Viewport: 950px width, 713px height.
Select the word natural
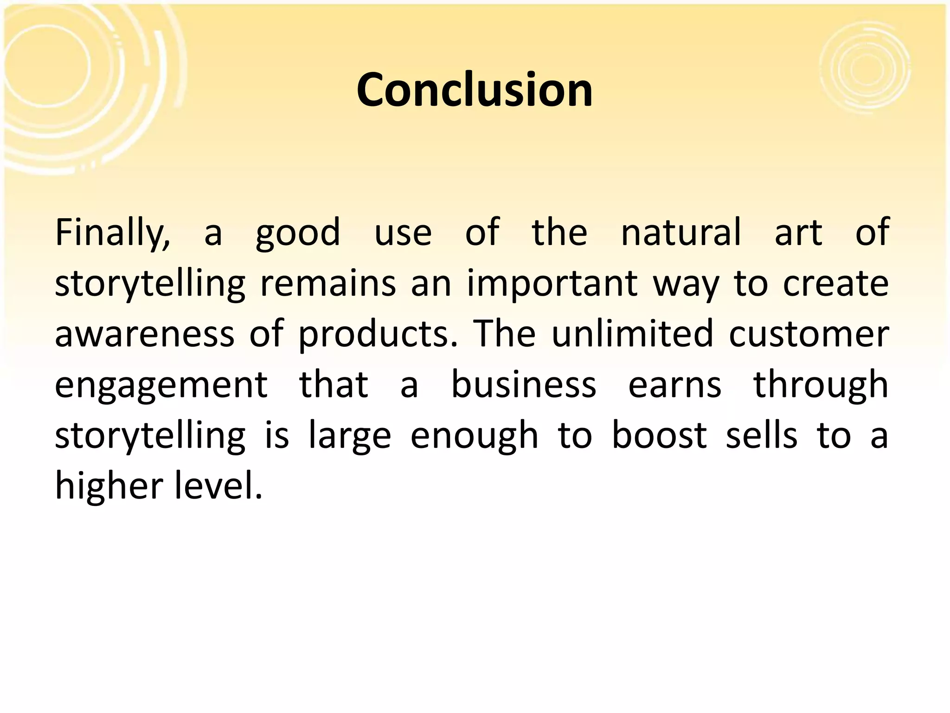click(680, 232)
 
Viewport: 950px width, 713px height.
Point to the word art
click(798, 232)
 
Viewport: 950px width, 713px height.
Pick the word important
click(552, 283)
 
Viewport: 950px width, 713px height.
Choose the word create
click(835, 283)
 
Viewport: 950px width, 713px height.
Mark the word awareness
click(145, 334)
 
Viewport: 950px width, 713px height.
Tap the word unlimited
click(632, 334)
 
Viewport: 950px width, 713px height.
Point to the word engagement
click(161, 385)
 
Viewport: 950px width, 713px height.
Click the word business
click(524, 384)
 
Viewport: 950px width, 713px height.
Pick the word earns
click(674, 384)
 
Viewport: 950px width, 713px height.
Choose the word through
click(821, 385)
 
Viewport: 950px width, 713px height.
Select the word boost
click(659, 435)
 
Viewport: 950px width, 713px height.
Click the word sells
click(761, 435)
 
